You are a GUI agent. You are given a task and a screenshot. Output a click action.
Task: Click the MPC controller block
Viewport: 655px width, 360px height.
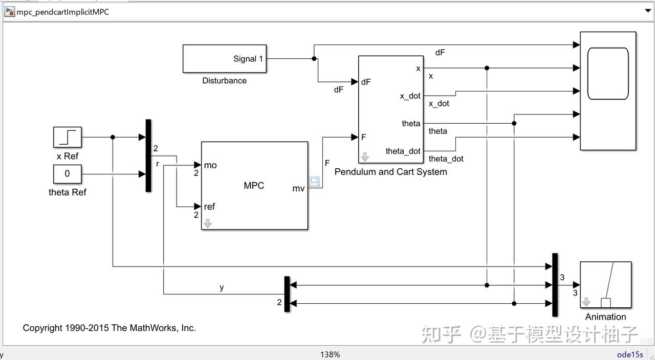(x=254, y=186)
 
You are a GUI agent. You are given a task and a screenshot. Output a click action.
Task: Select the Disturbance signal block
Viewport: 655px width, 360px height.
(x=224, y=59)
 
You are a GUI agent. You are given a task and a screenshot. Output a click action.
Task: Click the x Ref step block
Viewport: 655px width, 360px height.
(x=68, y=137)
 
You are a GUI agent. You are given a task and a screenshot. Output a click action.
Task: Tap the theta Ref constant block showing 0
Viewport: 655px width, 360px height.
(x=68, y=174)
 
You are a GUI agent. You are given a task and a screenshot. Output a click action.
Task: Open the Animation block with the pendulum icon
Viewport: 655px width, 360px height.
(x=605, y=285)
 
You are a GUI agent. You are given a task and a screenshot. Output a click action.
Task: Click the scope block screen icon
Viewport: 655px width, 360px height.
(x=608, y=74)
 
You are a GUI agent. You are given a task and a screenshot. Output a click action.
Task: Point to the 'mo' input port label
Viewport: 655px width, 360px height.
(x=210, y=165)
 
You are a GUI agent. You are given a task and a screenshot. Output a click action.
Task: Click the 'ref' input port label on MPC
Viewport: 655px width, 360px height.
(x=209, y=207)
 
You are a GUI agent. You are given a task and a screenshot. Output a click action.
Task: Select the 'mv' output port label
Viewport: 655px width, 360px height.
(x=298, y=188)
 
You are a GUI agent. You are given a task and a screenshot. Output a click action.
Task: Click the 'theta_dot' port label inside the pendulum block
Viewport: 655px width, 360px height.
(x=403, y=151)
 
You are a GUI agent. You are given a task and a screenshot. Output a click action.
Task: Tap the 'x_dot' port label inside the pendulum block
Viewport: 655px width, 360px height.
(x=410, y=96)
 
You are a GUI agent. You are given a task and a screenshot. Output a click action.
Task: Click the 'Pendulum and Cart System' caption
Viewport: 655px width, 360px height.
(x=390, y=172)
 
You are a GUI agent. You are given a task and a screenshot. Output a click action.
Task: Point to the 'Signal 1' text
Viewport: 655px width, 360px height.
(x=248, y=59)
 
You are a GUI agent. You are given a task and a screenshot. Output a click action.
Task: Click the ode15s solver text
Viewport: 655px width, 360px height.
(x=630, y=354)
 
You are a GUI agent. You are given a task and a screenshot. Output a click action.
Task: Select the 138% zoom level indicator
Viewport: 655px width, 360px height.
(x=330, y=354)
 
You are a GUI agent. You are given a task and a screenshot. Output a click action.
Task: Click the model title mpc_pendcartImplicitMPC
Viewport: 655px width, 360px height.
(x=62, y=12)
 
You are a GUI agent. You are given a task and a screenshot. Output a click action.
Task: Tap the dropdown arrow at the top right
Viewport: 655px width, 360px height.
(x=648, y=11)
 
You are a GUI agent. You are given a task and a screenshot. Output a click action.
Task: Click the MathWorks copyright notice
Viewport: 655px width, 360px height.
(x=109, y=328)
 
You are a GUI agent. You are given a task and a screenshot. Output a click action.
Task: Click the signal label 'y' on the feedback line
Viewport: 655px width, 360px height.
(x=222, y=287)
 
